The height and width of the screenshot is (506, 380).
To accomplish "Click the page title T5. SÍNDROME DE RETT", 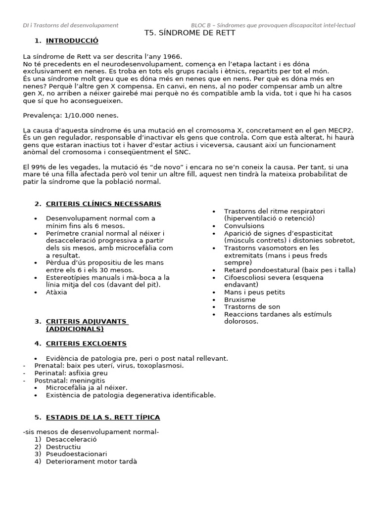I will coord(190,33).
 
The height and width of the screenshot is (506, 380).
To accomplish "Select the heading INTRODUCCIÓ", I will coord(72,41).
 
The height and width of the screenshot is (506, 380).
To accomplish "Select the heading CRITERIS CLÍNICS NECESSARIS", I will coord(103,204).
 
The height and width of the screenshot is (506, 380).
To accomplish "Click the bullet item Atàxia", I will coord(56,292).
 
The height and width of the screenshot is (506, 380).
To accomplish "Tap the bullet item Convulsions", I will coord(244,225).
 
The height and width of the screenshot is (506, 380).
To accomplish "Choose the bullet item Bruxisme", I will coord(240,299).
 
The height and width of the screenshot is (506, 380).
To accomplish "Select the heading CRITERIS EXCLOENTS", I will coord(86,343).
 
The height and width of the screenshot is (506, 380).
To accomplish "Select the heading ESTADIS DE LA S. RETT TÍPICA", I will coord(103,417).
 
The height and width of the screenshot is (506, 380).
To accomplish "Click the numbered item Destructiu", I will coord(63,447).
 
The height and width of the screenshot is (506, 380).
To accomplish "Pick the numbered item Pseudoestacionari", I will coord(76,454).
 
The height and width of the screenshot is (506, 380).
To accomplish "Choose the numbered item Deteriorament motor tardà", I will coord(91,462).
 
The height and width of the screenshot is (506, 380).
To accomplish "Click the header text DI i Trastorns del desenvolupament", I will coord(71,25).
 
